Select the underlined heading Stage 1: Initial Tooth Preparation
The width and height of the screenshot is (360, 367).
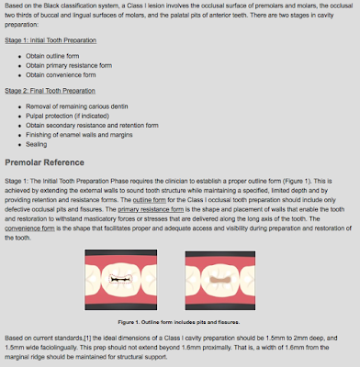tap(55, 41)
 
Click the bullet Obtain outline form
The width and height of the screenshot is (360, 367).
tap(65, 55)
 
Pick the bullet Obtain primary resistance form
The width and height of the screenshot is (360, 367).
tap(77, 64)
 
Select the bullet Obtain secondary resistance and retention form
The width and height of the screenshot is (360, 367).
tap(102, 126)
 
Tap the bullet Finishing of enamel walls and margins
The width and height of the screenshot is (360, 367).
tap(92, 135)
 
